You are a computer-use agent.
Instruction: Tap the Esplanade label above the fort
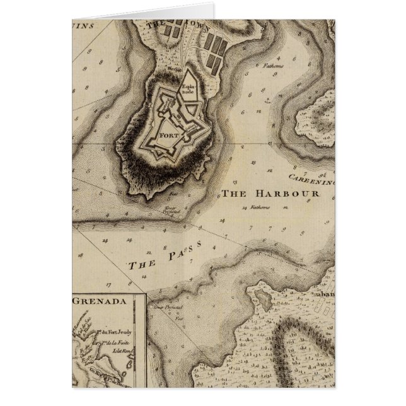(188, 88)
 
